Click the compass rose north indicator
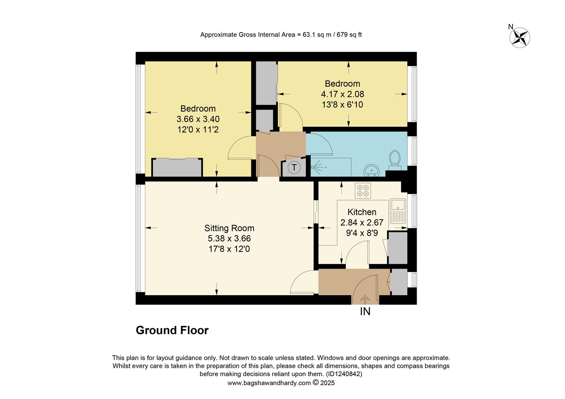(520, 37)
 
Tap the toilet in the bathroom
(395, 159)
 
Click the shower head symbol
(314, 167)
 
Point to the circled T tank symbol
(294, 167)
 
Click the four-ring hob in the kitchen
(362, 190)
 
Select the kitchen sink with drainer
(398, 211)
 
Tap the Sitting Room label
(229, 228)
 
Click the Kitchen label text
(362, 212)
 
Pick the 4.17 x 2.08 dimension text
(342, 94)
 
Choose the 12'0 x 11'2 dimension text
(198, 130)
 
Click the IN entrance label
(365, 312)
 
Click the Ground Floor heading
(172, 330)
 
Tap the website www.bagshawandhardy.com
(269, 383)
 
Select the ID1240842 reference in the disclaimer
(344, 374)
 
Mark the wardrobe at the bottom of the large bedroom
(177, 168)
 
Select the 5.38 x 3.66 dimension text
(229, 239)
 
